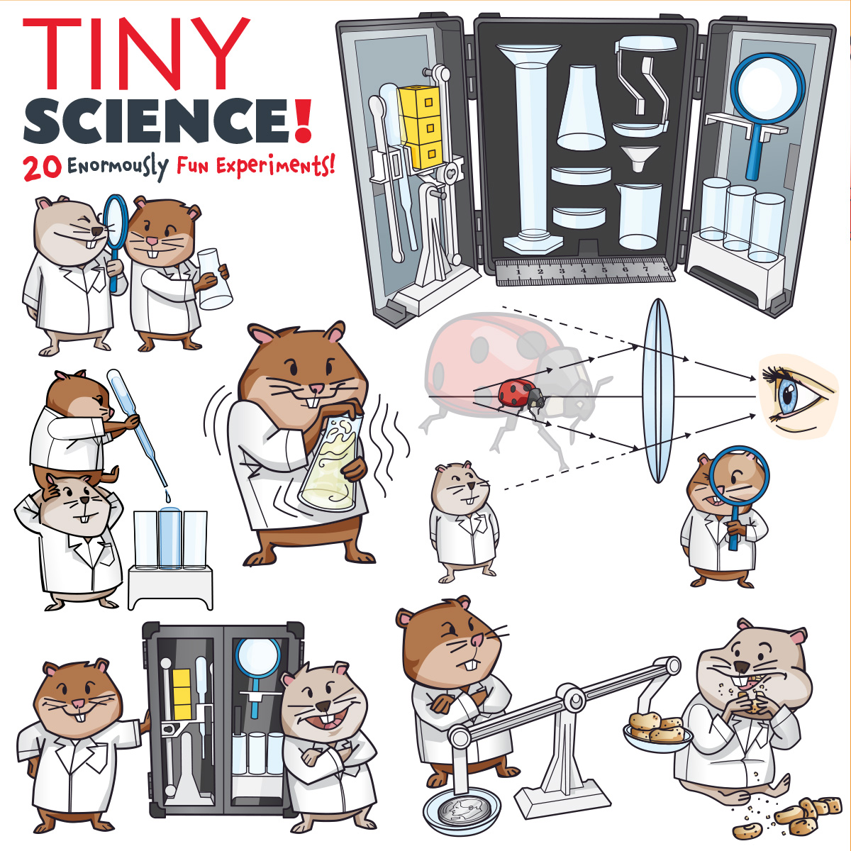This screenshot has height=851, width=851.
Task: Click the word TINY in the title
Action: (136, 53)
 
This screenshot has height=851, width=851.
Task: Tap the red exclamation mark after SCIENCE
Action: (304, 120)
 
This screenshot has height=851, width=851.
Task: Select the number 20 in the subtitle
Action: (42, 168)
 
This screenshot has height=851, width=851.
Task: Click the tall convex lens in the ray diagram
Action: (658, 390)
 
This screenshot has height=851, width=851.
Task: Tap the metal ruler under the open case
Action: (584, 271)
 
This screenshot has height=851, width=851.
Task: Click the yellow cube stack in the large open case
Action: (421, 127)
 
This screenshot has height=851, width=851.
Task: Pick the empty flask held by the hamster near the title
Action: (214, 279)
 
